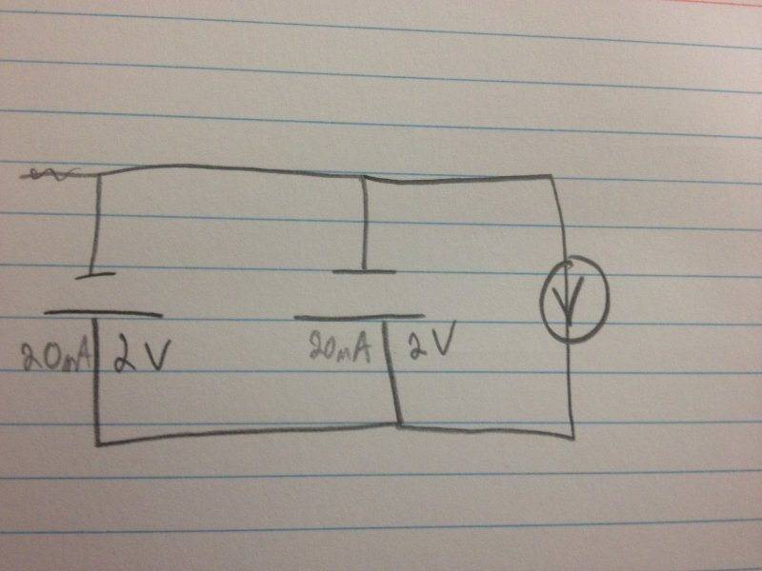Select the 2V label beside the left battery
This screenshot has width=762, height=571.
coord(141,355)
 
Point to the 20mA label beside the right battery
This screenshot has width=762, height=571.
coord(340,346)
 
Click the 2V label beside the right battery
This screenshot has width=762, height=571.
coord(432,340)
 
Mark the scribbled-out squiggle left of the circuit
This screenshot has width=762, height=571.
coord(49,174)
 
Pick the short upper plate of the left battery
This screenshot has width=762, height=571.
coord(95,276)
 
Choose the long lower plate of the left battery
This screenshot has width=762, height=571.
coord(103,314)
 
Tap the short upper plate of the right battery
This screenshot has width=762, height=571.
coord(364,271)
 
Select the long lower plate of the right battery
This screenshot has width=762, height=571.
coord(359,318)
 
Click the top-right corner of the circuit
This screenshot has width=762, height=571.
coord(551,176)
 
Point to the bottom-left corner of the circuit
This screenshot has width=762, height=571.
coord(98,443)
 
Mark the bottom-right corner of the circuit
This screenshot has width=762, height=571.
coord(573,438)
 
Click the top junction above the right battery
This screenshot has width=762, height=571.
coord(363,178)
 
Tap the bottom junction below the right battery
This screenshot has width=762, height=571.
coord(399,425)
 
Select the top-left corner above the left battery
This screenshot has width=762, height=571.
coord(99,174)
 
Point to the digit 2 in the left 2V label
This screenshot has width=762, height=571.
coord(124,356)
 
